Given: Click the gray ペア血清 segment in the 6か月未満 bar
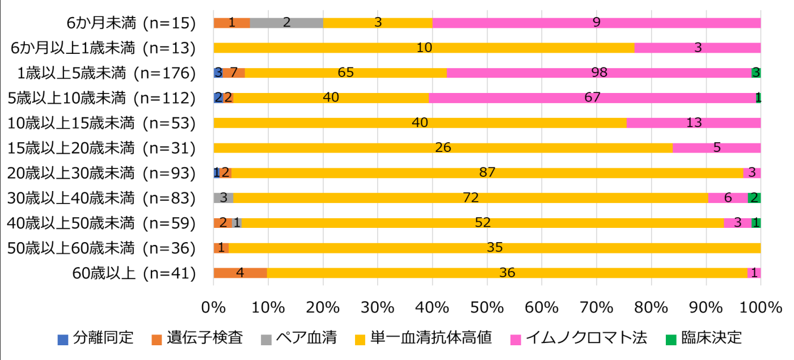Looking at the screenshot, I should point(286,23).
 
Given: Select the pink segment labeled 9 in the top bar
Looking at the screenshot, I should point(596,23).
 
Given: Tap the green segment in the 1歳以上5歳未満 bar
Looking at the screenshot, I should point(756,73).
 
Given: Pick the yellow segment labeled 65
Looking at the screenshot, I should point(345,73).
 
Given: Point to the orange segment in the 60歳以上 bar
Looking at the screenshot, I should point(240,273).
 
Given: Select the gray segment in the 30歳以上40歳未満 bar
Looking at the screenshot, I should point(223,198).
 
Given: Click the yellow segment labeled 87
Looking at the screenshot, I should point(487,173).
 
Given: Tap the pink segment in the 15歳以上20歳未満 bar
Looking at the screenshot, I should point(716,148).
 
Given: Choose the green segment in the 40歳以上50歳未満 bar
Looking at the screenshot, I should point(756,223).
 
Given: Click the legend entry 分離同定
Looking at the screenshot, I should point(96,338).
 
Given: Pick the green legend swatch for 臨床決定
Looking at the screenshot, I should point(671,339).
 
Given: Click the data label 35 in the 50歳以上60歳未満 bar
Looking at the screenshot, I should point(495,248).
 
